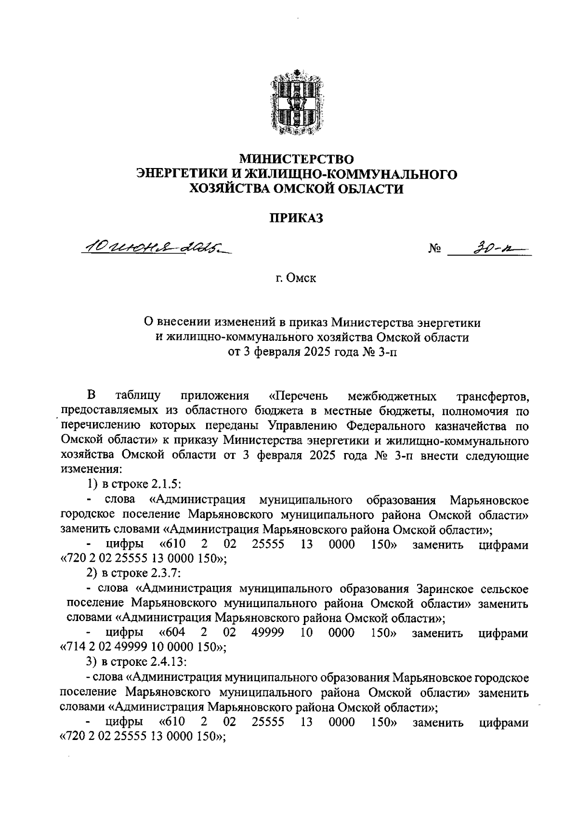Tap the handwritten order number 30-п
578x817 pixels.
(x=487, y=247)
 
